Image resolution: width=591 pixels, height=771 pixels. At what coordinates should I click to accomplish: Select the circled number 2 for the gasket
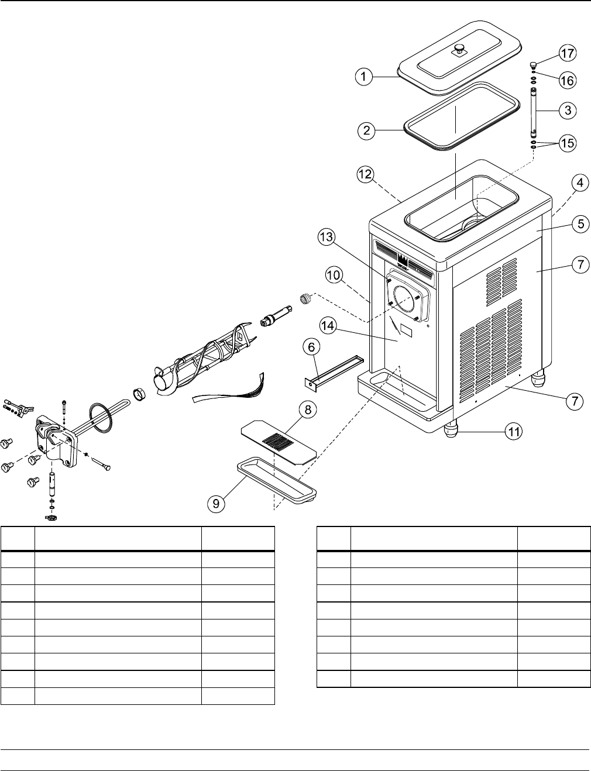366,130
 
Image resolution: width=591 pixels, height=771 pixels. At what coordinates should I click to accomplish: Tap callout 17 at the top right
566,54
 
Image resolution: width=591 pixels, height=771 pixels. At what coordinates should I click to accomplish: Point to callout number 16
566,80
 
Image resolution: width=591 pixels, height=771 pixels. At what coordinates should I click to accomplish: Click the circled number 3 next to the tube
566,109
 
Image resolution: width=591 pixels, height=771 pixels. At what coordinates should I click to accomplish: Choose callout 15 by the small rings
566,143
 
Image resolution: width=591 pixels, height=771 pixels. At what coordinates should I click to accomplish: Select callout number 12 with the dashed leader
365,174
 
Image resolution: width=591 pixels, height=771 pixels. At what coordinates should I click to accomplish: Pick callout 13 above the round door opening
327,238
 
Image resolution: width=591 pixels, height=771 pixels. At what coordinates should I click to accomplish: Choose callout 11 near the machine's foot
513,433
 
